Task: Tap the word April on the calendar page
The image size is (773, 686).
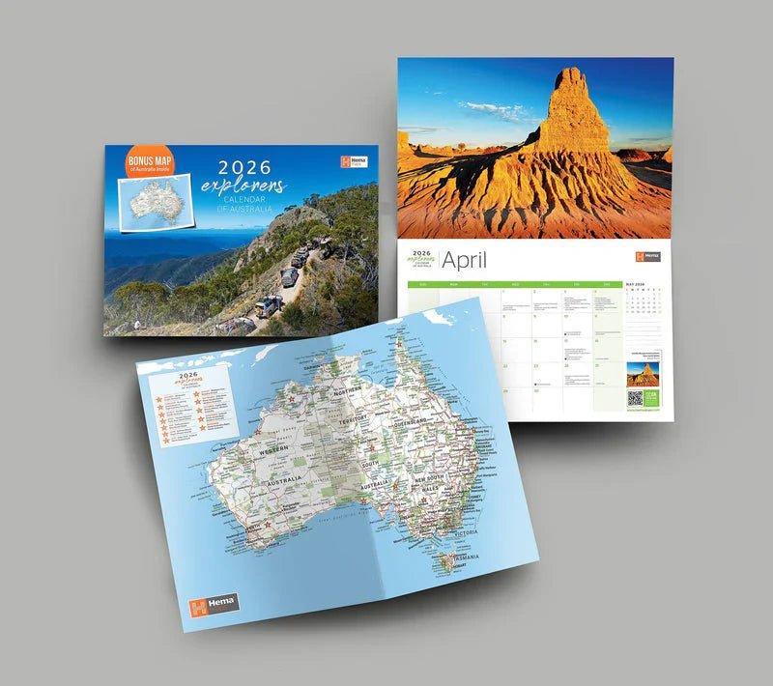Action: tap(465, 260)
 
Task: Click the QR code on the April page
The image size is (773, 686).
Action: tap(635, 398)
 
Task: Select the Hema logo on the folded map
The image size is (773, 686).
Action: tap(213, 605)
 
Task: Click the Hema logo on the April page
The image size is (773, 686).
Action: tap(647, 257)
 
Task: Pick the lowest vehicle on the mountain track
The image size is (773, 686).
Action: tap(267, 306)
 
